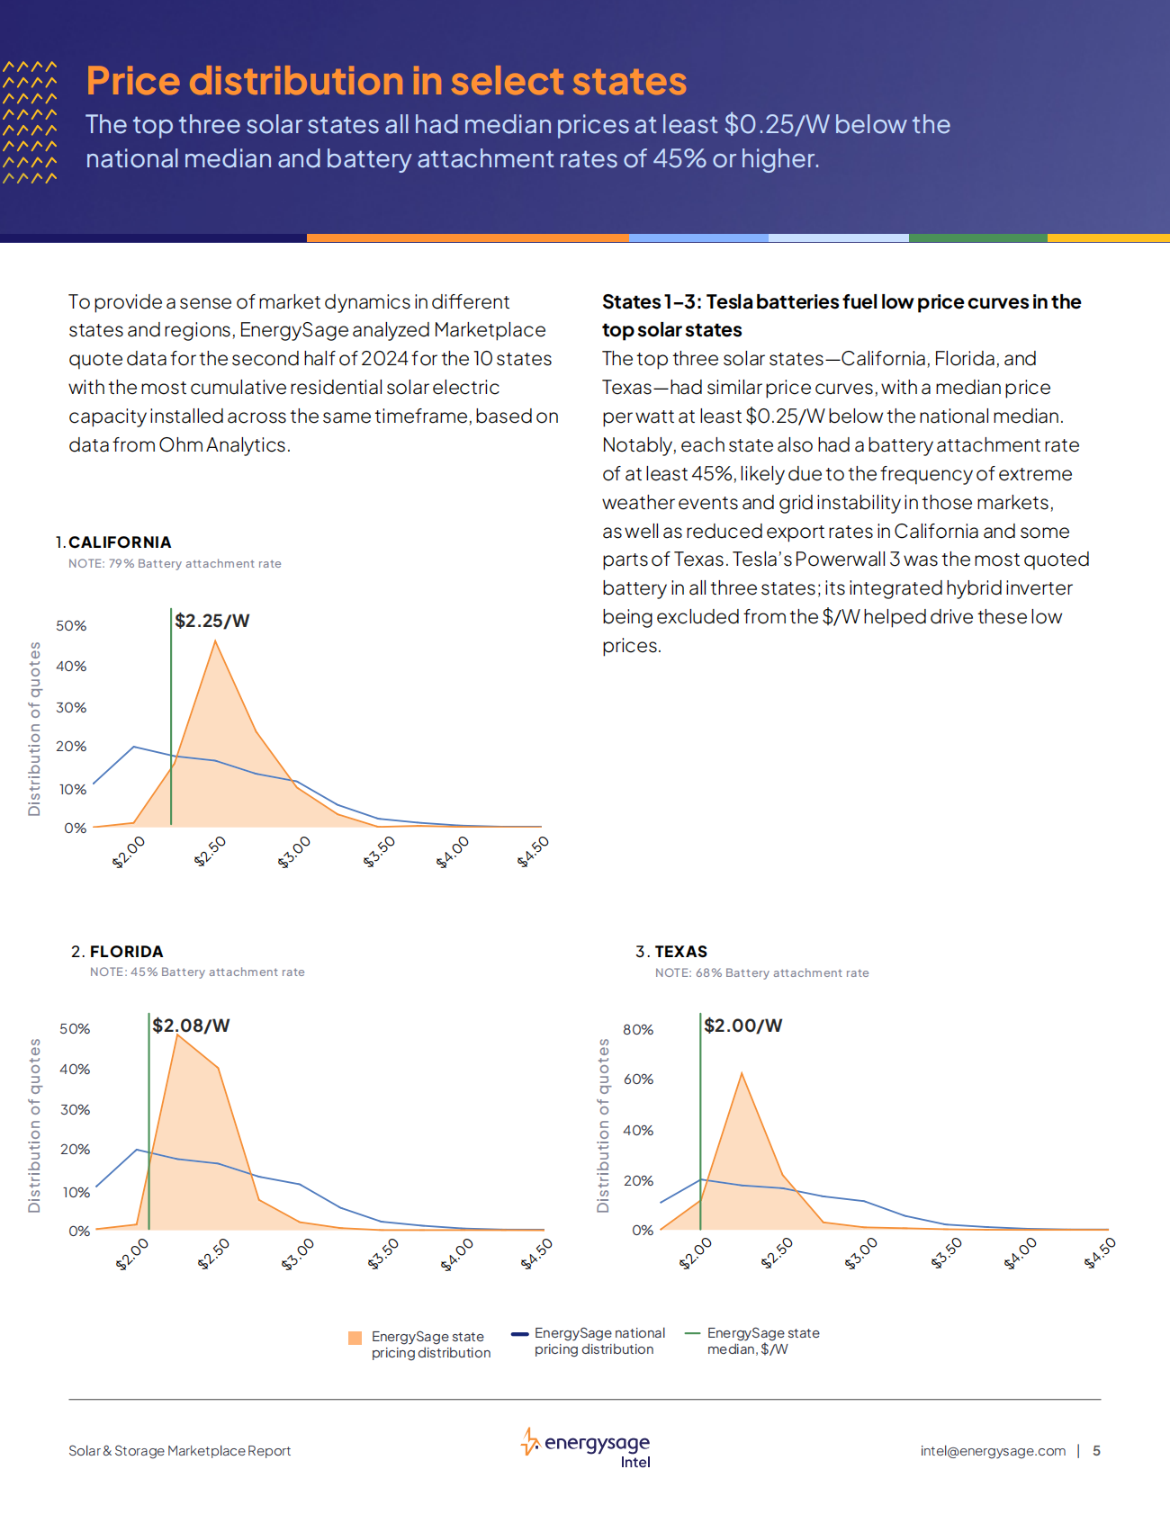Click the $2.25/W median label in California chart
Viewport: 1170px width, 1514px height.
click(x=211, y=621)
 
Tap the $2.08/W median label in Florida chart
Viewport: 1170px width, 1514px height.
click(x=191, y=1026)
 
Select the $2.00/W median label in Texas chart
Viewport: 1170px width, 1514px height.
click(x=742, y=1026)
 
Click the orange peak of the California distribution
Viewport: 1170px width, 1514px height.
click(x=215, y=642)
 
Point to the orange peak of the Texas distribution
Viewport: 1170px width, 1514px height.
click(x=742, y=1074)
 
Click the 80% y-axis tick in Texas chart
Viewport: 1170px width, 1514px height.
click(x=638, y=1029)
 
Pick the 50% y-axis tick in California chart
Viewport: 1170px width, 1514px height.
click(x=71, y=625)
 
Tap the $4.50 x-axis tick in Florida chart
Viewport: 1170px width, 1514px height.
click(x=536, y=1253)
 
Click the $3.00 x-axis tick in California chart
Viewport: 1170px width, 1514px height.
click(x=294, y=851)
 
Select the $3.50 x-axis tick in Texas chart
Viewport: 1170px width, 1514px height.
click(x=946, y=1252)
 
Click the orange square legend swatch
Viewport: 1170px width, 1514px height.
click(x=355, y=1338)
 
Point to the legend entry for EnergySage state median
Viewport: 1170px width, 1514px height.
click(x=762, y=1340)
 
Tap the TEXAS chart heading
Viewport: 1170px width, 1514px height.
click(x=680, y=952)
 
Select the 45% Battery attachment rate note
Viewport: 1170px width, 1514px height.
click(x=197, y=972)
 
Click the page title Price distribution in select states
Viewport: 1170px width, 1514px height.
click(x=386, y=81)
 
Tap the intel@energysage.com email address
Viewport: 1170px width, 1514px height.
click(x=993, y=1451)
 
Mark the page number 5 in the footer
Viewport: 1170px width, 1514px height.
click(x=1096, y=1451)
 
